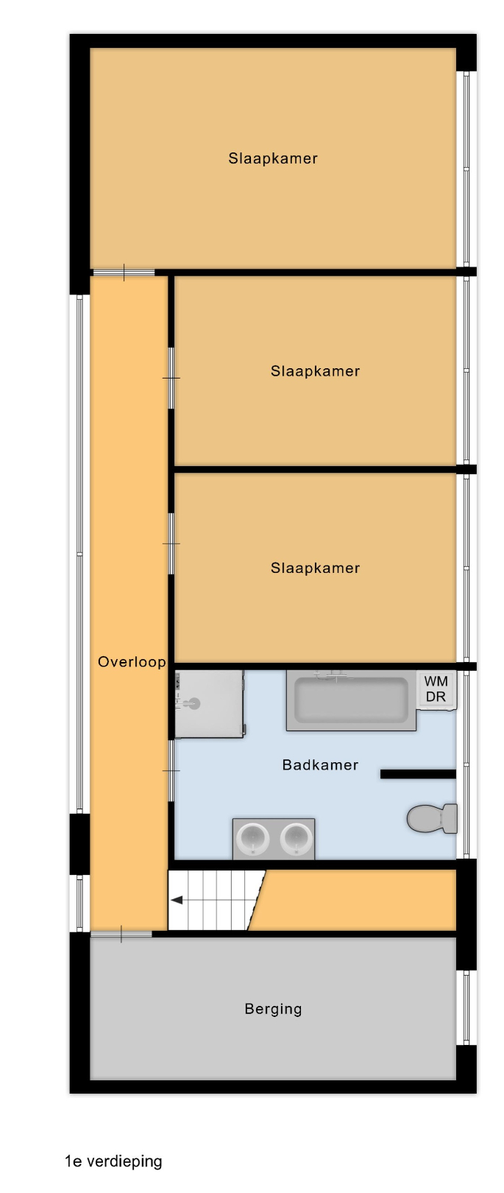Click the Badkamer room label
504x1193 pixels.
click(x=320, y=765)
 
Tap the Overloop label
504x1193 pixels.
click(x=132, y=662)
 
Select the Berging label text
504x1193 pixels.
click(x=273, y=1009)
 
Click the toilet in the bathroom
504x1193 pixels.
click(x=432, y=819)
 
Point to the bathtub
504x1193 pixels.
click(x=351, y=700)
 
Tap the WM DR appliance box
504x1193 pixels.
click(x=436, y=690)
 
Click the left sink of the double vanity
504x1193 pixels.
click(x=253, y=839)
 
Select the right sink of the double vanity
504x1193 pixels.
click(x=295, y=839)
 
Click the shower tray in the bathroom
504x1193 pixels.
click(x=210, y=704)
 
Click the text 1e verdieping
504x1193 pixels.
click(x=113, y=1161)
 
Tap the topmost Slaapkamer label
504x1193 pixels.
click(x=273, y=159)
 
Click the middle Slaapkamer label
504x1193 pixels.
click(x=315, y=371)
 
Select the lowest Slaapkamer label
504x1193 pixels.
click(x=315, y=569)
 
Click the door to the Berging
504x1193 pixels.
click(x=121, y=935)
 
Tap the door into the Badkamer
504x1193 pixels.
click(x=171, y=770)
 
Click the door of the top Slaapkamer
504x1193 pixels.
click(x=124, y=272)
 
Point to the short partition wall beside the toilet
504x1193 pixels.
click(x=419, y=775)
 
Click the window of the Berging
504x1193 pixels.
click(x=466, y=1007)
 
